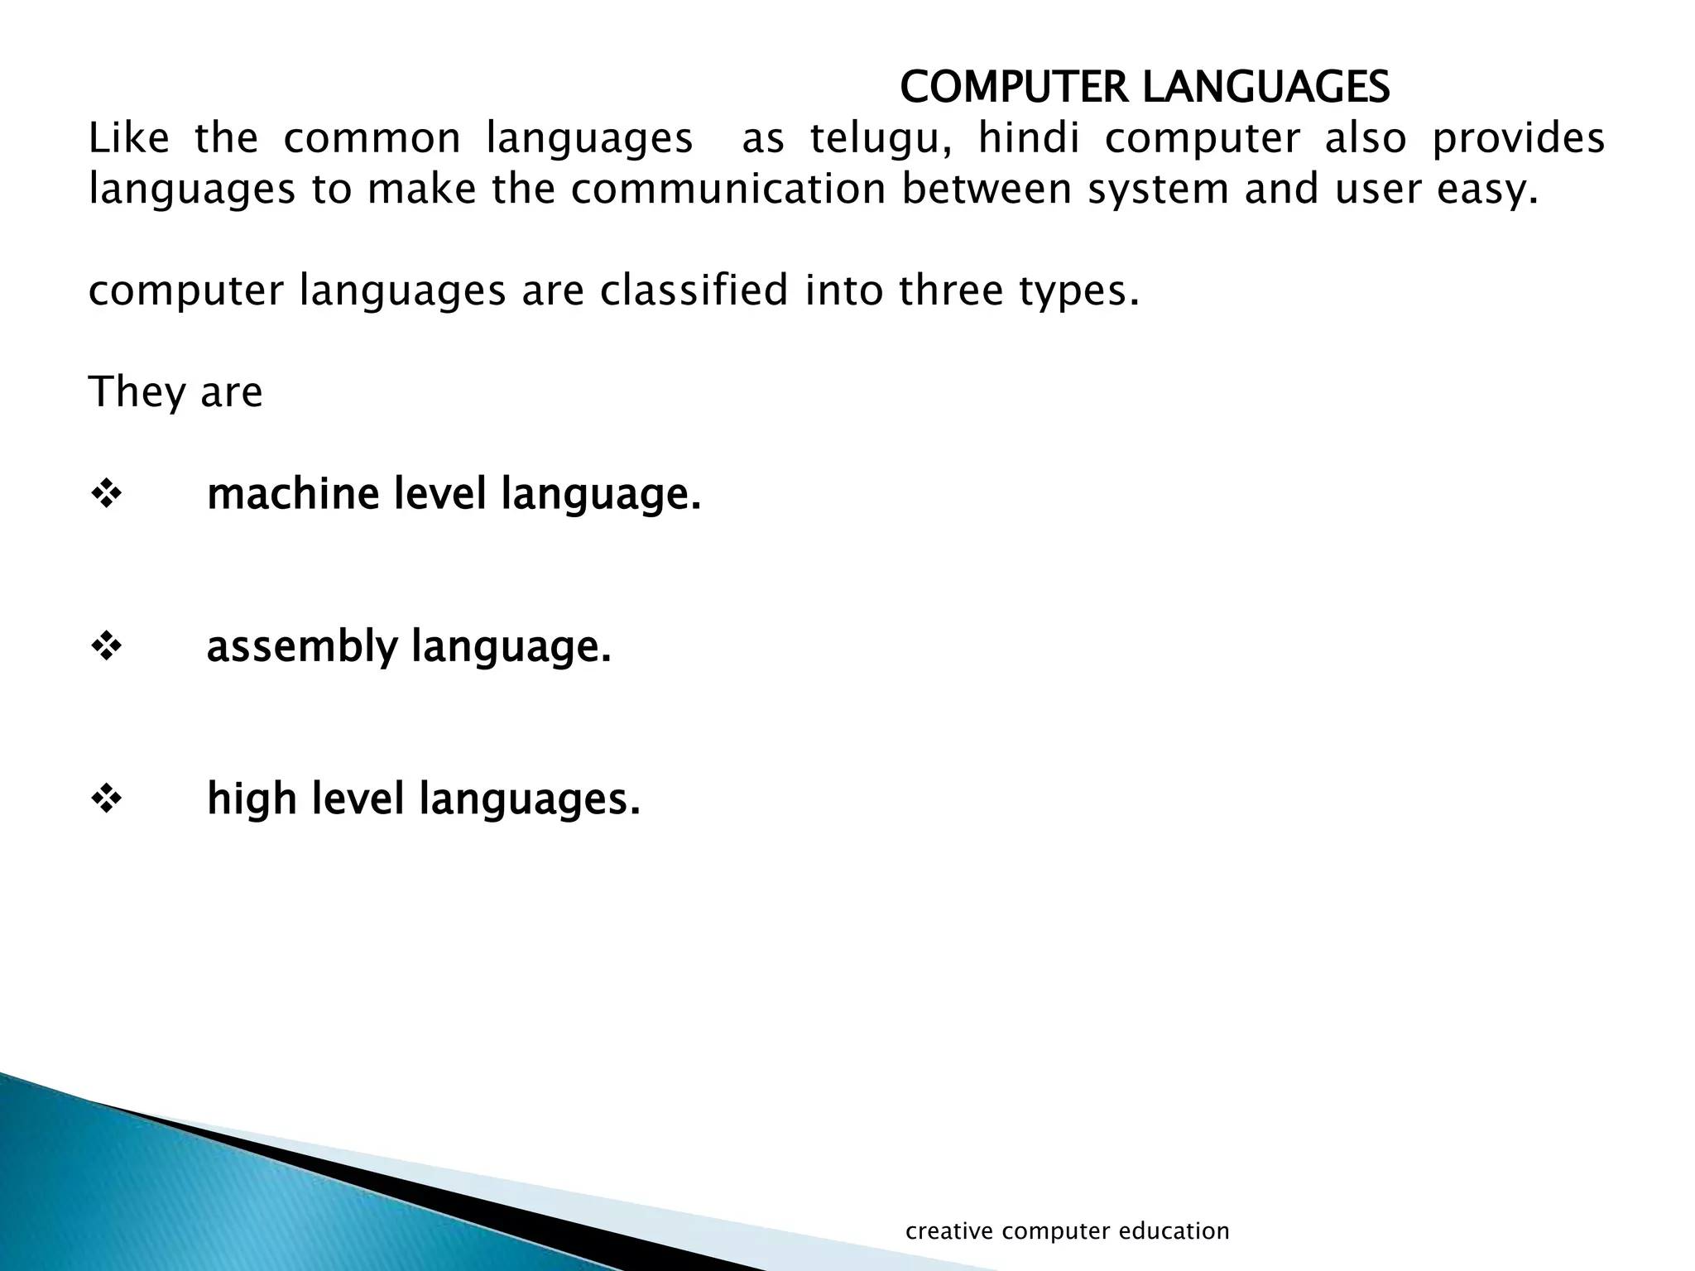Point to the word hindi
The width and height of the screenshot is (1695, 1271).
(1029, 138)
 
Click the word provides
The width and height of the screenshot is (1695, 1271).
(1518, 138)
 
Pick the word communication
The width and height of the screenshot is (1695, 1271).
(728, 189)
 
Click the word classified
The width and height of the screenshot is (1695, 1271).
(694, 290)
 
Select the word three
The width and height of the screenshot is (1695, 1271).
(950, 290)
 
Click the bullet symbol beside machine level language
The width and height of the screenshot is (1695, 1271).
(106, 495)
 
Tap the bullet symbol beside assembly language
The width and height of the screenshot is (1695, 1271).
(106, 647)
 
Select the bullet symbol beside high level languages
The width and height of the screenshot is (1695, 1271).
(106, 799)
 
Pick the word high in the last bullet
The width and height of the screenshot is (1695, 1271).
(252, 799)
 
